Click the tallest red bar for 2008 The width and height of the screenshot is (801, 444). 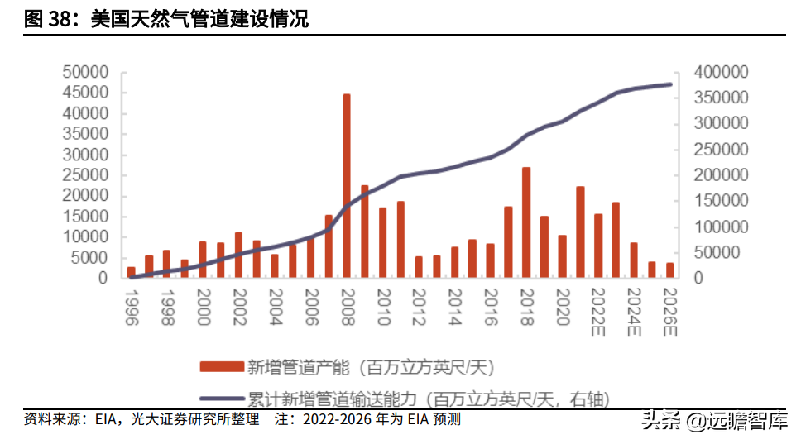pyautogui.click(x=347, y=186)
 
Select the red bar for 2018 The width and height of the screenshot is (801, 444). pyautogui.click(x=526, y=222)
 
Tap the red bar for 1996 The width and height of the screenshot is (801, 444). pyautogui.click(x=132, y=272)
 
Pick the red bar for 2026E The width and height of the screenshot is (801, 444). pyautogui.click(x=669, y=270)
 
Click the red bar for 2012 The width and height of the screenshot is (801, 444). pyautogui.click(x=419, y=267)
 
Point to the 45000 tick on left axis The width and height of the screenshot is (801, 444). pyautogui.click(x=85, y=93)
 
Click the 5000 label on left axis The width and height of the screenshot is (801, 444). pyautogui.click(x=90, y=258)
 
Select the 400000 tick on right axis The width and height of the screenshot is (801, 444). pyautogui.click(x=721, y=72)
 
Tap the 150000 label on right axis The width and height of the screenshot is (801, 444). pyautogui.click(x=721, y=201)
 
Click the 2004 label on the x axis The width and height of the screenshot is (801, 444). pyautogui.click(x=276, y=308)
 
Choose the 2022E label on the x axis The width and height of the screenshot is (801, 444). pyautogui.click(x=597, y=312)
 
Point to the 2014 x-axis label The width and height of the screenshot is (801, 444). pyautogui.click(x=454, y=308)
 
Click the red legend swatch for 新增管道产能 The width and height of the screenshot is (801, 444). pyautogui.click(x=222, y=367)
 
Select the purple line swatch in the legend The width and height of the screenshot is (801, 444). pyautogui.click(x=222, y=399)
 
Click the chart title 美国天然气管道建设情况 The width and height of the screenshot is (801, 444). pyautogui.click(x=199, y=19)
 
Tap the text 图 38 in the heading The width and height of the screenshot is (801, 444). pyautogui.click(x=46, y=19)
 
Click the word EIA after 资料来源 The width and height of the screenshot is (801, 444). pyautogui.click(x=106, y=419)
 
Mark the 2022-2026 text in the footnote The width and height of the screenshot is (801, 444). pyautogui.click(x=337, y=419)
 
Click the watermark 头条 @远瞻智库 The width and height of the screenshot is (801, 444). pyautogui.click(x=715, y=421)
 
